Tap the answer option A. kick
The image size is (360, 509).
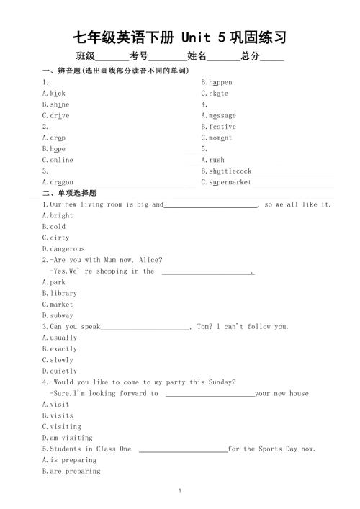54,94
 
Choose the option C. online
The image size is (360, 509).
58,160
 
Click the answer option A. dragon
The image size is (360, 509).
58,182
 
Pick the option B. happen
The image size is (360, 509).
216,82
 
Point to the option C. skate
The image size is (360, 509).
215,94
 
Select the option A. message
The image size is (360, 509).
218,115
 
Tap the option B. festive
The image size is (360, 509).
218,127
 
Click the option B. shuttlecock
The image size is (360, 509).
226,171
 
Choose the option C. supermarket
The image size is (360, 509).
226,182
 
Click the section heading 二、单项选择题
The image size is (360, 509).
69,193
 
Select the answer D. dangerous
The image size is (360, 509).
63,248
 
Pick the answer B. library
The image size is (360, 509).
59,293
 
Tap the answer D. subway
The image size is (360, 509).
58,315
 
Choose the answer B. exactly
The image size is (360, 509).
59,348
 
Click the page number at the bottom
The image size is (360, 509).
180,490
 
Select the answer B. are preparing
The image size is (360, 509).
71,471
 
